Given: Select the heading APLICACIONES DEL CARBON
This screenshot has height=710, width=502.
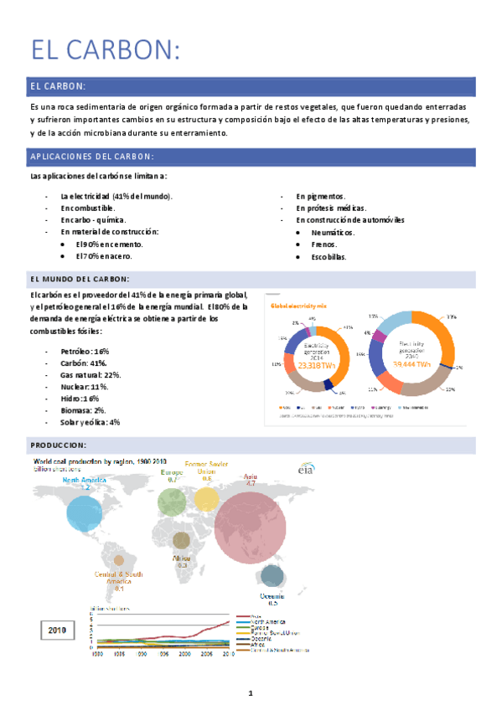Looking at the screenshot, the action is (x=91, y=157).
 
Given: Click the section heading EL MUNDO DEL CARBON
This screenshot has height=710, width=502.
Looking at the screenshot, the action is (x=80, y=279).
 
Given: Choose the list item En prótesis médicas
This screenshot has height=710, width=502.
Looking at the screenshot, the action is (x=330, y=208).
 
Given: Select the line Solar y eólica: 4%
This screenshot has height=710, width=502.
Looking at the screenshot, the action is (x=90, y=422).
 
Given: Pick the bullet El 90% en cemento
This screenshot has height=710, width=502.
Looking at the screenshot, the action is (x=109, y=244).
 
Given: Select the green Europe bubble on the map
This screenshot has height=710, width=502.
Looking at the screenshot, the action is (x=173, y=502).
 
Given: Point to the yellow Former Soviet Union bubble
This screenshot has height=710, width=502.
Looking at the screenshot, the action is (x=206, y=500).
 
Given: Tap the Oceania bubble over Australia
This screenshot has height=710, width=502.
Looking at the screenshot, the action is (x=271, y=575).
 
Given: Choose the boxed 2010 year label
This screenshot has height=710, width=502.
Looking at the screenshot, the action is (x=57, y=630).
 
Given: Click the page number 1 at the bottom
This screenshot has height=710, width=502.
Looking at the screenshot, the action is (x=250, y=693).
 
